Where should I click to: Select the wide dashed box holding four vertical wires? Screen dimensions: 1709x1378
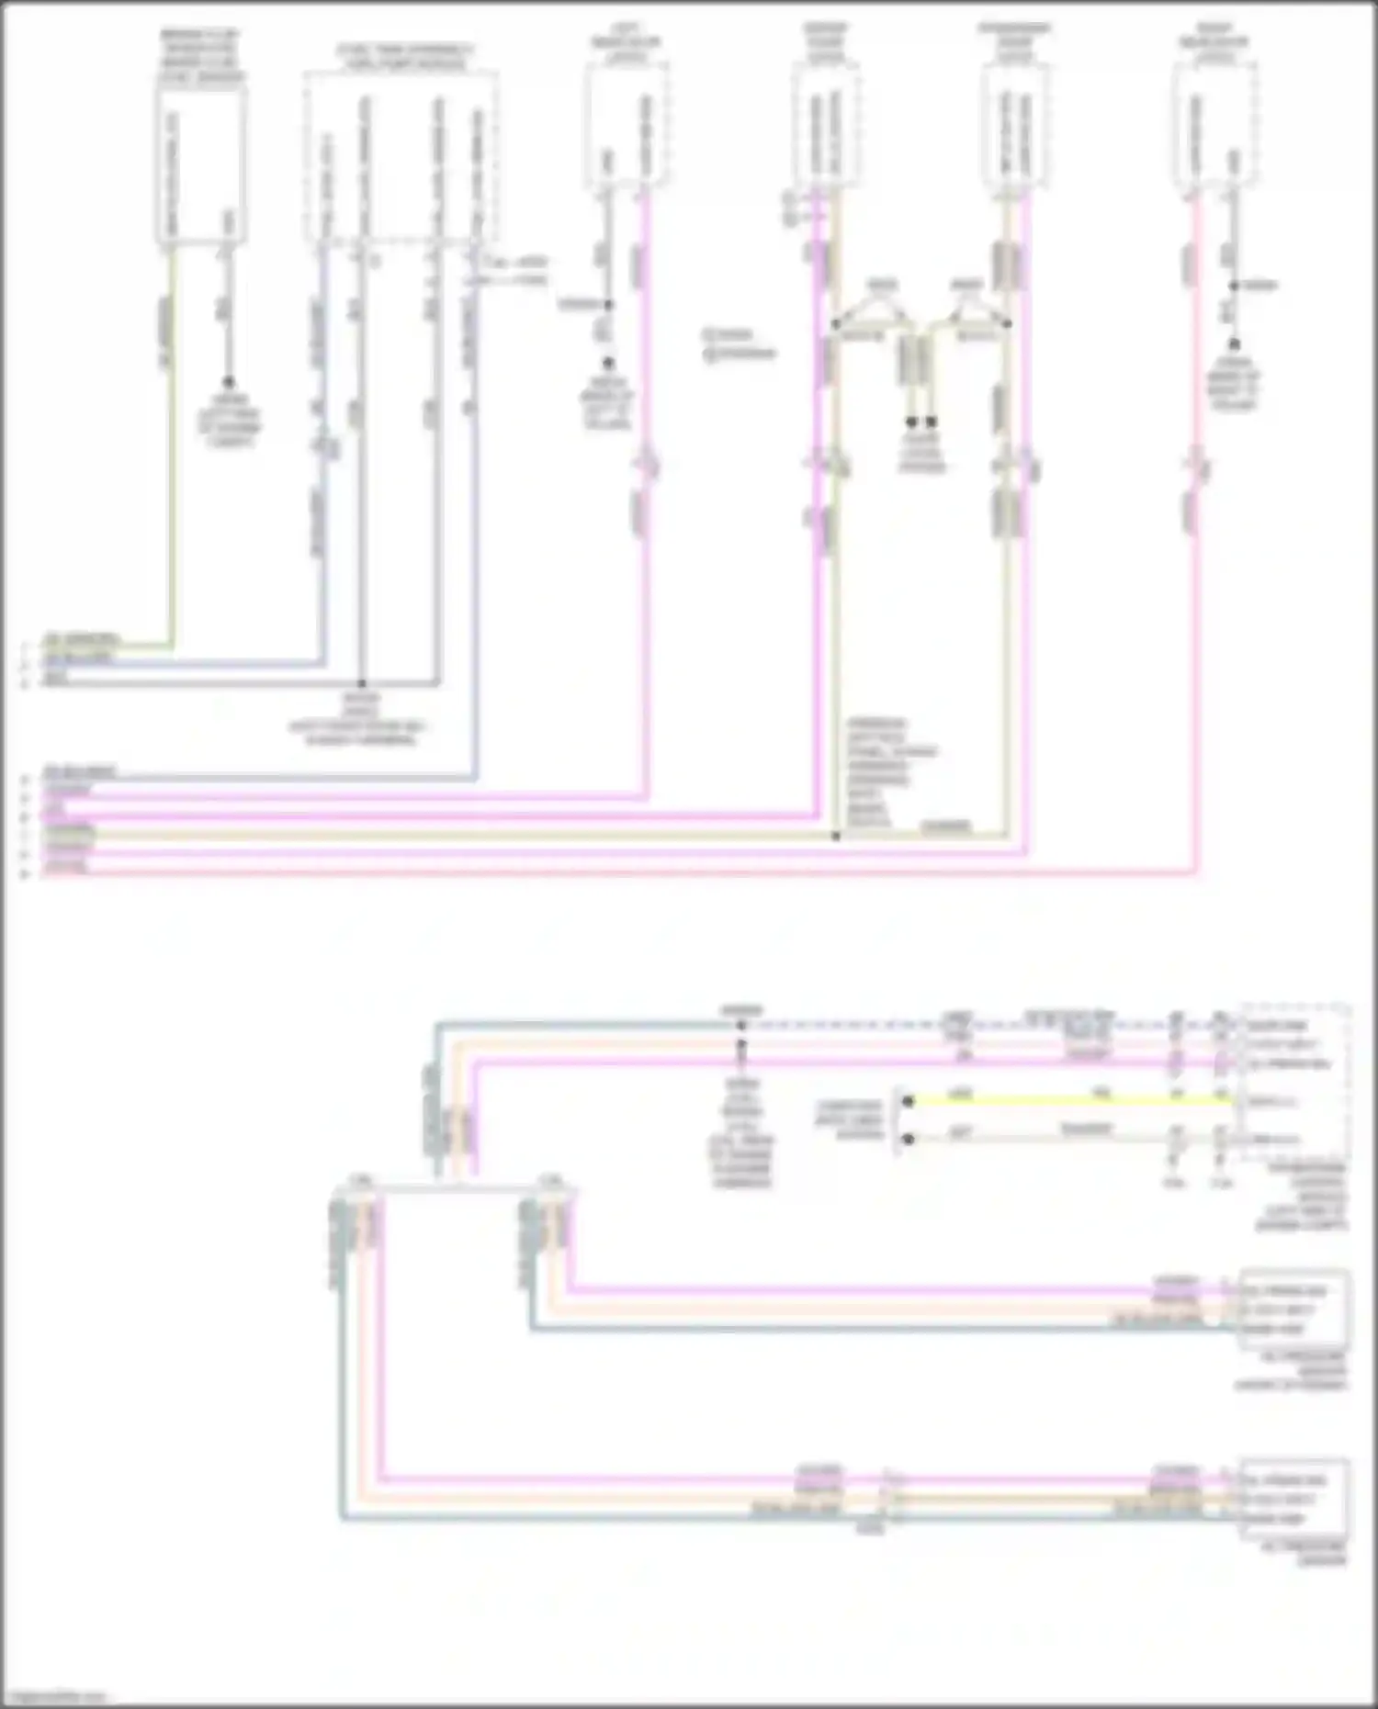click(x=401, y=156)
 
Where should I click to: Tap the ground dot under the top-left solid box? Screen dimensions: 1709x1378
click(x=228, y=381)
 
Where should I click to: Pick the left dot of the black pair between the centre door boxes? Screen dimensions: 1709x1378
click(x=911, y=422)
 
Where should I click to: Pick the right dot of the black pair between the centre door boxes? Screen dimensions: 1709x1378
click(x=932, y=422)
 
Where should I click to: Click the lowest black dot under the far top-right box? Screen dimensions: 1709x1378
click(x=1233, y=343)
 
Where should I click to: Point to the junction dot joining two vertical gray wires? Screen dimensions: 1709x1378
click(x=362, y=684)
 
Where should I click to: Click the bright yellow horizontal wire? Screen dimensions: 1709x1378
click(x=1066, y=1100)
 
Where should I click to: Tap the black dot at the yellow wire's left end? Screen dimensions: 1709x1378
click(x=908, y=1100)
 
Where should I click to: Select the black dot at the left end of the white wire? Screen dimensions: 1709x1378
click(x=908, y=1140)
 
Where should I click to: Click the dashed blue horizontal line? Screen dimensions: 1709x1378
click(x=974, y=1024)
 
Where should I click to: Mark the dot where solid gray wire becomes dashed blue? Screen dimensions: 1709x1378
click(x=741, y=1024)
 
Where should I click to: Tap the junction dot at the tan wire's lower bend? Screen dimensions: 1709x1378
click(x=836, y=837)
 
